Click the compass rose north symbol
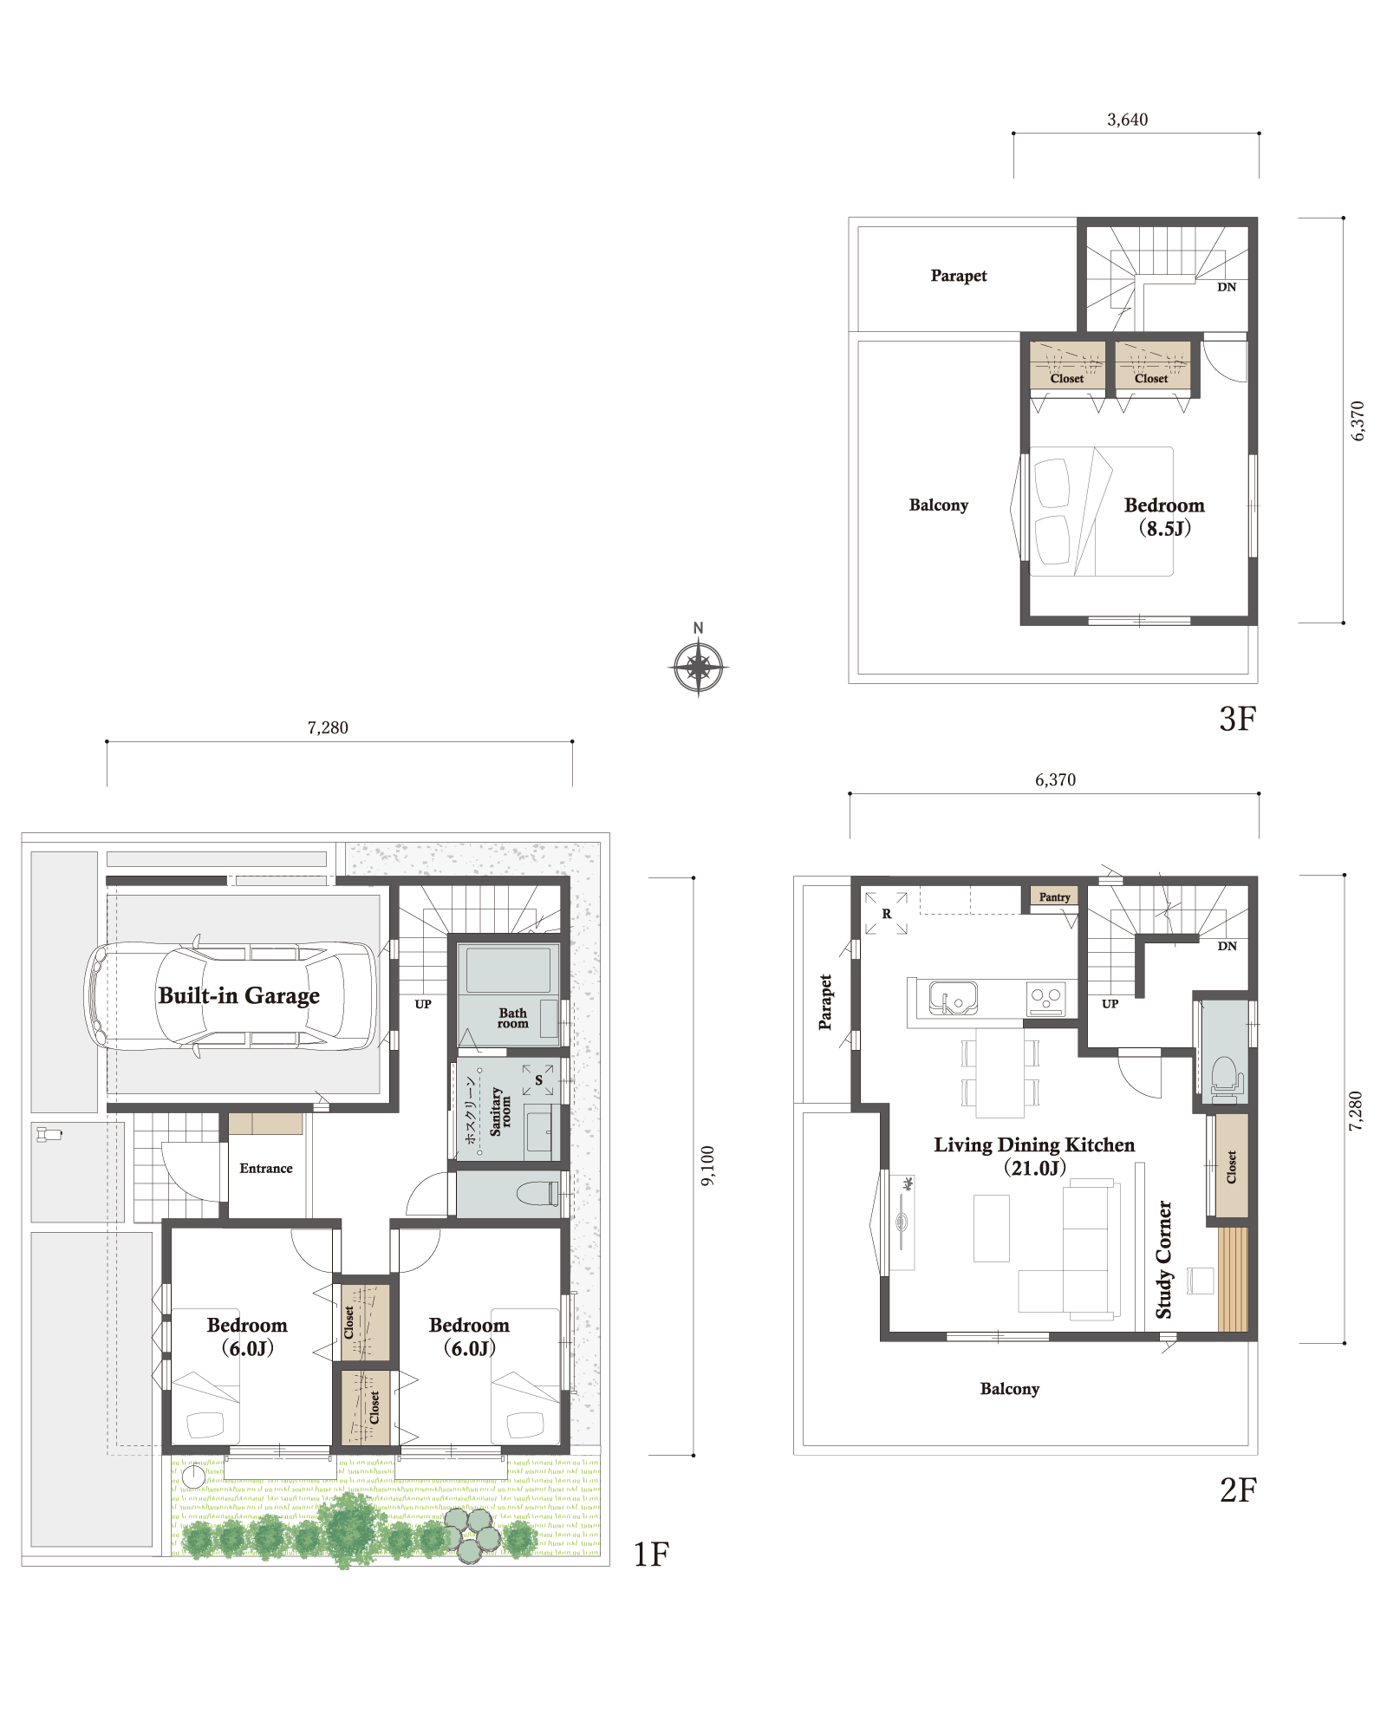pyautogui.click(x=698, y=667)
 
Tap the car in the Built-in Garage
pyautogui.click(x=231, y=996)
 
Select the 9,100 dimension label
pyautogui.click(x=707, y=1166)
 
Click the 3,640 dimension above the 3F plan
pyautogui.click(x=1127, y=120)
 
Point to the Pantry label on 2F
pyautogui.click(x=1054, y=896)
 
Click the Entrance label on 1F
pyautogui.click(x=266, y=1168)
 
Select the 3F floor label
pyautogui.click(x=1237, y=719)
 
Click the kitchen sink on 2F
pyautogui.click(x=953, y=998)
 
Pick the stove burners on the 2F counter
pyautogui.click(x=1046, y=998)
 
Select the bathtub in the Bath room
pyautogui.click(x=508, y=970)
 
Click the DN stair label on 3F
pyautogui.click(x=1227, y=287)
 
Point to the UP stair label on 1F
pyautogui.click(x=423, y=1004)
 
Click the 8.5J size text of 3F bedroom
pyautogui.click(x=1164, y=528)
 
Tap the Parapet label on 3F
pyautogui.click(x=959, y=276)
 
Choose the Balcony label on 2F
pyautogui.click(x=1010, y=1389)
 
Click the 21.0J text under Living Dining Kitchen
pyautogui.click(x=1034, y=1168)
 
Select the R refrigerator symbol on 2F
pyautogui.click(x=886, y=914)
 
